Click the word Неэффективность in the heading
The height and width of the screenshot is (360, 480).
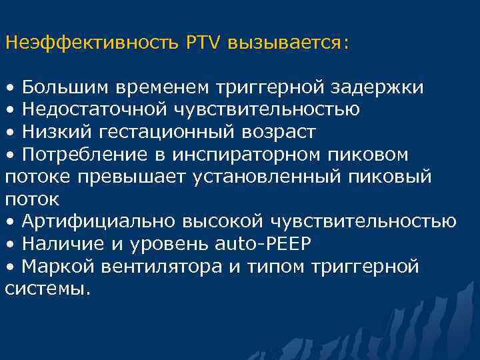[x=91, y=43]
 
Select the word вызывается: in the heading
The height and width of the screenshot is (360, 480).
[x=288, y=43]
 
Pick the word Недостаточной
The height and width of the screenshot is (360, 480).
[x=96, y=109]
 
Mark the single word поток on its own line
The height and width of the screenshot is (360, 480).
[x=32, y=199]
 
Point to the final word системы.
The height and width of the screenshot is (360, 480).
[x=47, y=289]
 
